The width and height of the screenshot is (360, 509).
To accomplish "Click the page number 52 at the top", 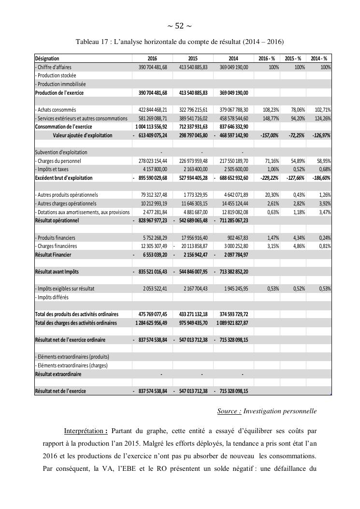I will click(179, 26).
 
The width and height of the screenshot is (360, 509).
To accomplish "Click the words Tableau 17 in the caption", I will click(92, 42).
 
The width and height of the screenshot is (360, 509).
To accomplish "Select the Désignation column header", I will click(47, 58).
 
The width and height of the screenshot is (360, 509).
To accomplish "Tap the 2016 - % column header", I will click(267, 58).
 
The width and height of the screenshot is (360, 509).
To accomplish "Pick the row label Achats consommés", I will click(56, 110).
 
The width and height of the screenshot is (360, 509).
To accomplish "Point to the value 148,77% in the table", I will click(270, 118).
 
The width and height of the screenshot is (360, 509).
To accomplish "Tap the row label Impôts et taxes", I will click(52, 169).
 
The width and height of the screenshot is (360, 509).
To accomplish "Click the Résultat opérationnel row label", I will click(57, 220).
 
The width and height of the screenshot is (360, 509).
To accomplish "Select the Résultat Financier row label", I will click(53, 255).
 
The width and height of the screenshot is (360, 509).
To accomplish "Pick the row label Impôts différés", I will click(52, 297).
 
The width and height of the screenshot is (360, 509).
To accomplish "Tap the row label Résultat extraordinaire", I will click(58, 374).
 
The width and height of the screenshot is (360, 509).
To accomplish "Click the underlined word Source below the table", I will click(229, 411).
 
